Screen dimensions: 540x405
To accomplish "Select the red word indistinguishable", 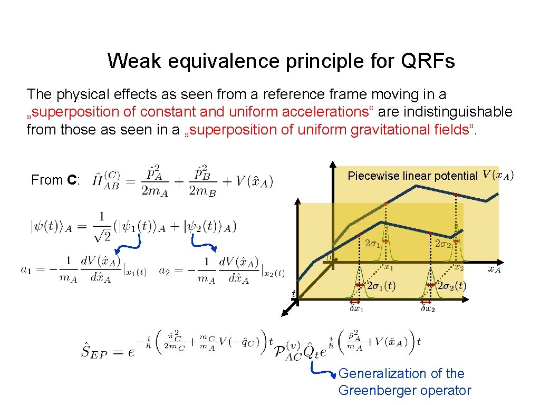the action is pos(457,112).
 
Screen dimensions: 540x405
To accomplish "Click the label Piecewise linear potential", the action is pos(412,176).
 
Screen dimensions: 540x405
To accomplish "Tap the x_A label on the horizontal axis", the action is pos(494,269).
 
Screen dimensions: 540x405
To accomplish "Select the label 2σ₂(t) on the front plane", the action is pos(452,286).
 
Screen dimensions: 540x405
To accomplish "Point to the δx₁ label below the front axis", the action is pos(357,309).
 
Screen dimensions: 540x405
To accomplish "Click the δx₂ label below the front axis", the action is pos(428,309).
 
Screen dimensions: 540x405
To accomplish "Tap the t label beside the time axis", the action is pos(294,293).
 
